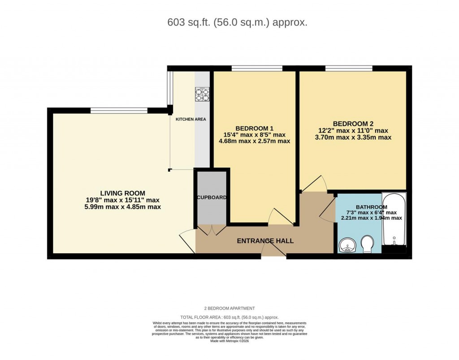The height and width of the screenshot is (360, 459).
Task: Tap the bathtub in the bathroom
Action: tap(394, 220)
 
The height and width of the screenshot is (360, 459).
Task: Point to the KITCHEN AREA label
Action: tap(191, 119)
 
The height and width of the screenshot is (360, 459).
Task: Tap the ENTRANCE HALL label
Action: tap(265, 241)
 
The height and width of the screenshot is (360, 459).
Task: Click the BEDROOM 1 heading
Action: tap(254, 127)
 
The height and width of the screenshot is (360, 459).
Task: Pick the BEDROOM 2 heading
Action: tap(353, 124)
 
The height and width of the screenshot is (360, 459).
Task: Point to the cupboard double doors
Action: tap(212, 230)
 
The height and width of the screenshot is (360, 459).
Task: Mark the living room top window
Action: tap(119, 110)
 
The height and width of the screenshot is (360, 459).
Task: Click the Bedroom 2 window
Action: tap(349, 68)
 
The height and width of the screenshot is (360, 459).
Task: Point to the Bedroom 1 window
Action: tap(257, 68)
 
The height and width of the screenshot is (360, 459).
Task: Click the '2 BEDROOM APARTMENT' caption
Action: tap(229, 308)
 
